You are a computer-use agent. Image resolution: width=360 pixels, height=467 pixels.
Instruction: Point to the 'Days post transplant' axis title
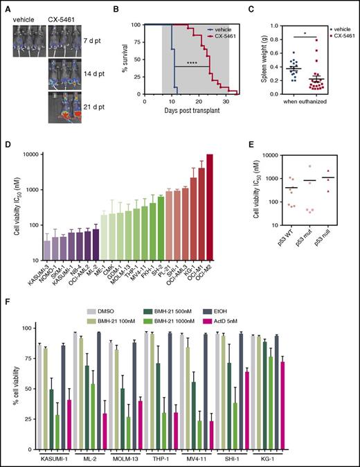pyautogui.click(x=188, y=112)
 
